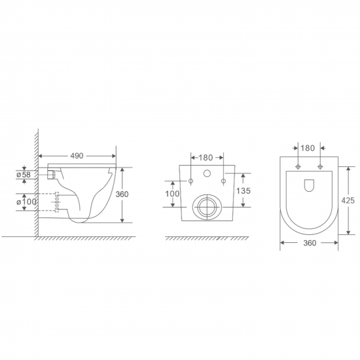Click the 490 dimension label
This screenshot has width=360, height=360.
click(77, 156)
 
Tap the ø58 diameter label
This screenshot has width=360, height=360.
click(24, 175)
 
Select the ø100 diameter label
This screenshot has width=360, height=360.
click(26, 202)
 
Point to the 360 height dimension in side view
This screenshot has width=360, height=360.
click(122, 194)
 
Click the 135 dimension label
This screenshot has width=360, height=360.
click(243, 190)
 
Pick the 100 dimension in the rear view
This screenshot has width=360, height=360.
click(172, 194)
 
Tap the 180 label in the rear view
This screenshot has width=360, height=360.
click(206, 158)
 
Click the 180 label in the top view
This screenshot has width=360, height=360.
click(308, 149)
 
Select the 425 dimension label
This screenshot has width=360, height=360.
click(348, 201)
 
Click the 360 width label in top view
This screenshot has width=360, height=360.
click(310, 243)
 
